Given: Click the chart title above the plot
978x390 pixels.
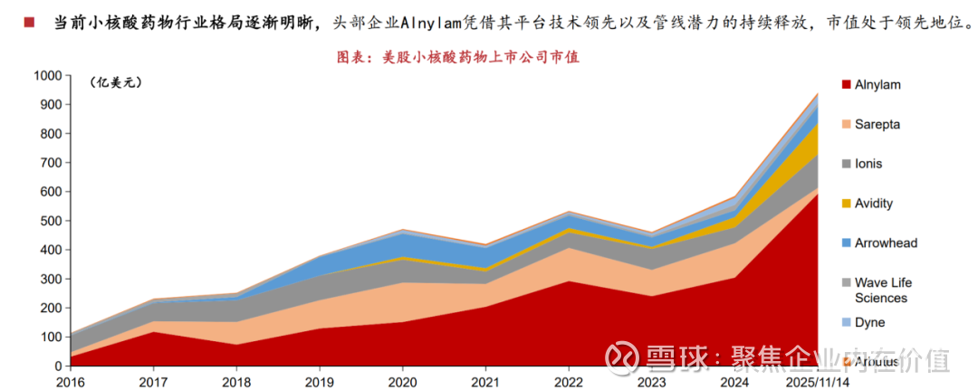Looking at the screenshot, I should coord(457,56).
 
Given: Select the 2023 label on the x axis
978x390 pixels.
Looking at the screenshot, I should coord(652,380).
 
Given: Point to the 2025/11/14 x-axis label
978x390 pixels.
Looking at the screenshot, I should coord(818,380).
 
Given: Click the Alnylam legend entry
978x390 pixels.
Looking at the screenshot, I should coord(877,85).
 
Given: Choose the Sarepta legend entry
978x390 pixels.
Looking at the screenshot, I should coord(877,125).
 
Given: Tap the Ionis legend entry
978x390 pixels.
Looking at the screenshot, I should coord(868,164).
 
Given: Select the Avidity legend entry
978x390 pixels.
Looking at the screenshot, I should coord(873,204).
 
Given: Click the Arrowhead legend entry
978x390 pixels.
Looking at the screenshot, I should coord(885,243).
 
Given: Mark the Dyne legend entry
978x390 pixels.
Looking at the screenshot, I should coord(869,322).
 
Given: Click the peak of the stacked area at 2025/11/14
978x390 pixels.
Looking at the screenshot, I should coord(818,92).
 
